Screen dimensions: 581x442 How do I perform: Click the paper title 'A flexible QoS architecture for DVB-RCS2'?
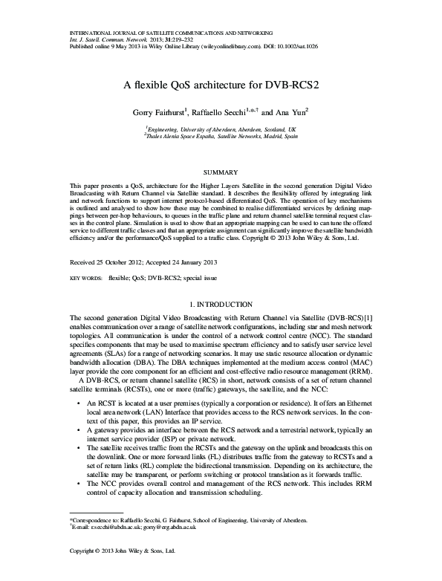[x=221, y=84]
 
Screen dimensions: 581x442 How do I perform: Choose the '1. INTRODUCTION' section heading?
[x=221, y=305]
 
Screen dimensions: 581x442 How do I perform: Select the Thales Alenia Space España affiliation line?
[x=221, y=137]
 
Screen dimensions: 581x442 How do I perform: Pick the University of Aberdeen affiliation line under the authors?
[x=221, y=129]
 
